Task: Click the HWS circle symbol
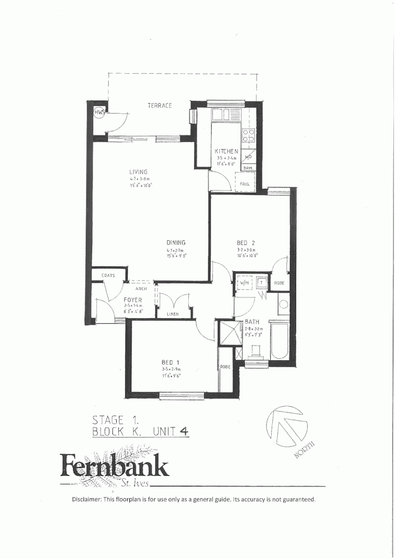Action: point(99,113)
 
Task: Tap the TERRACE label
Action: point(160,105)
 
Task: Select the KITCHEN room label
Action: point(226,151)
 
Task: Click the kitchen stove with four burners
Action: point(248,135)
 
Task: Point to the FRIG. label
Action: point(245,185)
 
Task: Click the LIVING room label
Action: point(139,172)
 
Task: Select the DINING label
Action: point(176,243)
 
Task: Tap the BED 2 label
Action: point(243,243)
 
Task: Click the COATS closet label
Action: point(108,276)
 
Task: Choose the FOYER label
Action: point(133,300)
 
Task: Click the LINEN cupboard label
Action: point(173,314)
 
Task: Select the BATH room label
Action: point(252,322)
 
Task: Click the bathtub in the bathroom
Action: point(280,341)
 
